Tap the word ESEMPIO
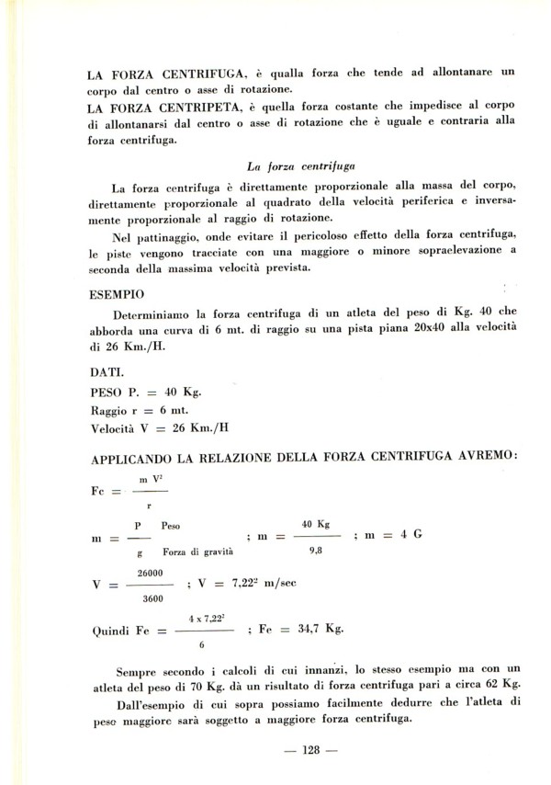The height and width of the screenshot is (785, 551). tap(118, 298)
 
